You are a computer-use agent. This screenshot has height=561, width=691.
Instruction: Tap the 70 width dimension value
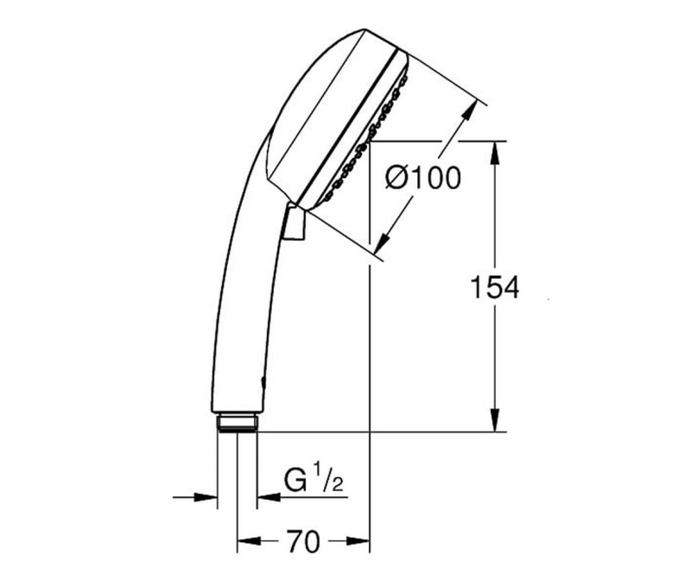point(302,542)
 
